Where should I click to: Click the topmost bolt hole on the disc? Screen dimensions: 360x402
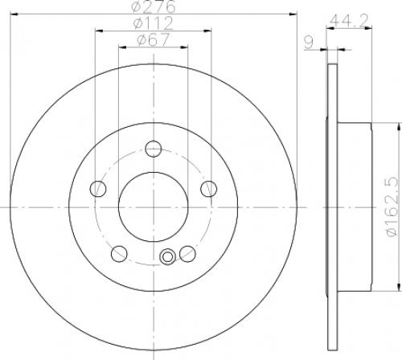tap(153, 147)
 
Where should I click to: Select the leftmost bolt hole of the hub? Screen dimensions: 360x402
tap(98, 188)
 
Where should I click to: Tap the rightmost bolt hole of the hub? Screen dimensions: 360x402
tap(209, 188)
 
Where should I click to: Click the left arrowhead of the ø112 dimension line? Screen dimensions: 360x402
tap(98, 31)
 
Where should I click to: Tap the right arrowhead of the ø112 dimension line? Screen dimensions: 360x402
tap(207, 31)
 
